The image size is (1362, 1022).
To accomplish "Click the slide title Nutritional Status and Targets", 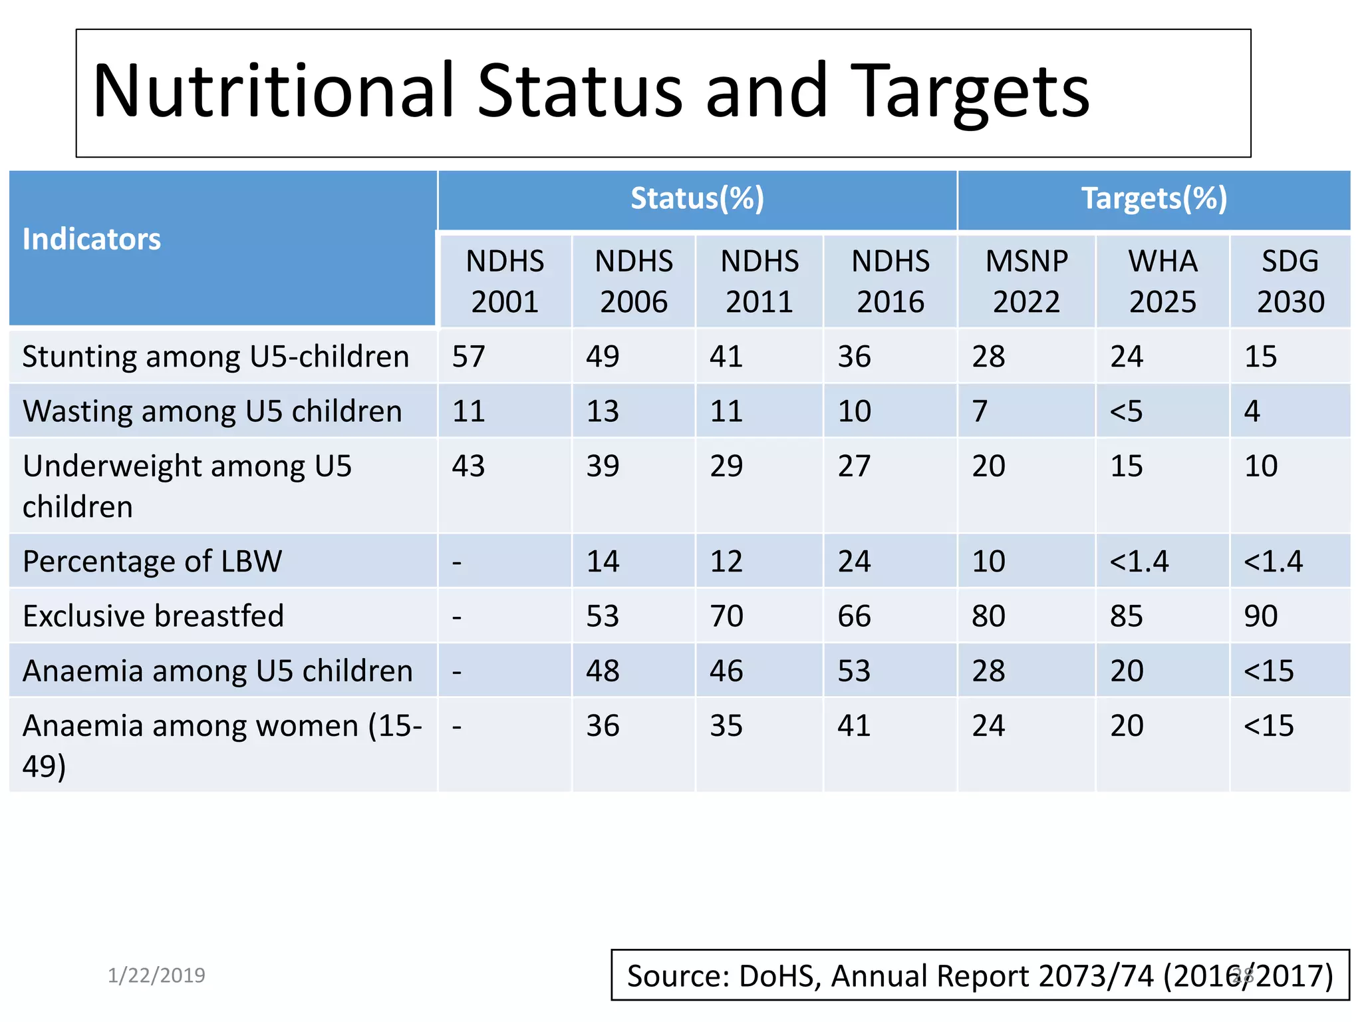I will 591,91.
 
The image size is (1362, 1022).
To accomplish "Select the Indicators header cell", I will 92,239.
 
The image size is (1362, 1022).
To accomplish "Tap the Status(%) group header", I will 697,198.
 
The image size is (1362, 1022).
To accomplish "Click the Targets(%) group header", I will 1154,198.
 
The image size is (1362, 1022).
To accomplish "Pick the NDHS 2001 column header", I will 505,281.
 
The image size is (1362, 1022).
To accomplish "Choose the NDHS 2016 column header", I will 890,281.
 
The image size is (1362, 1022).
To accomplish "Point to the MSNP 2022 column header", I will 1026,281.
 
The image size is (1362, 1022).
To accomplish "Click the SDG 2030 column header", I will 1290,281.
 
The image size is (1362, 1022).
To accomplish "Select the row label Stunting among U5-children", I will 215,357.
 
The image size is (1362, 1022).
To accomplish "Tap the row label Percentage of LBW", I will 152,561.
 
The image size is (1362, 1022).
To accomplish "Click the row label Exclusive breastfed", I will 153,615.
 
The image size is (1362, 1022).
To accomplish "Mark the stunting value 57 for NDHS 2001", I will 468,357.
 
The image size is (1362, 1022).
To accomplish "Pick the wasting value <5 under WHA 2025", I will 1126,411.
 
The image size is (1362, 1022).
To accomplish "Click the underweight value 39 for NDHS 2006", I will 603,466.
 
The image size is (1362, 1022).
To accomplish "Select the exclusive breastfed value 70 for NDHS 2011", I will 726,615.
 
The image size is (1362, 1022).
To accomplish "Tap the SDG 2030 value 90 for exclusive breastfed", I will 1261,615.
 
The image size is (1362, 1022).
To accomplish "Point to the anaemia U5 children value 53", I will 854,671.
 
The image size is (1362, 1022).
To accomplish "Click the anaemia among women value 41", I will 854,725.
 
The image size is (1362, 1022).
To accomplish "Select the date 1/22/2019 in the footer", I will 156,975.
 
